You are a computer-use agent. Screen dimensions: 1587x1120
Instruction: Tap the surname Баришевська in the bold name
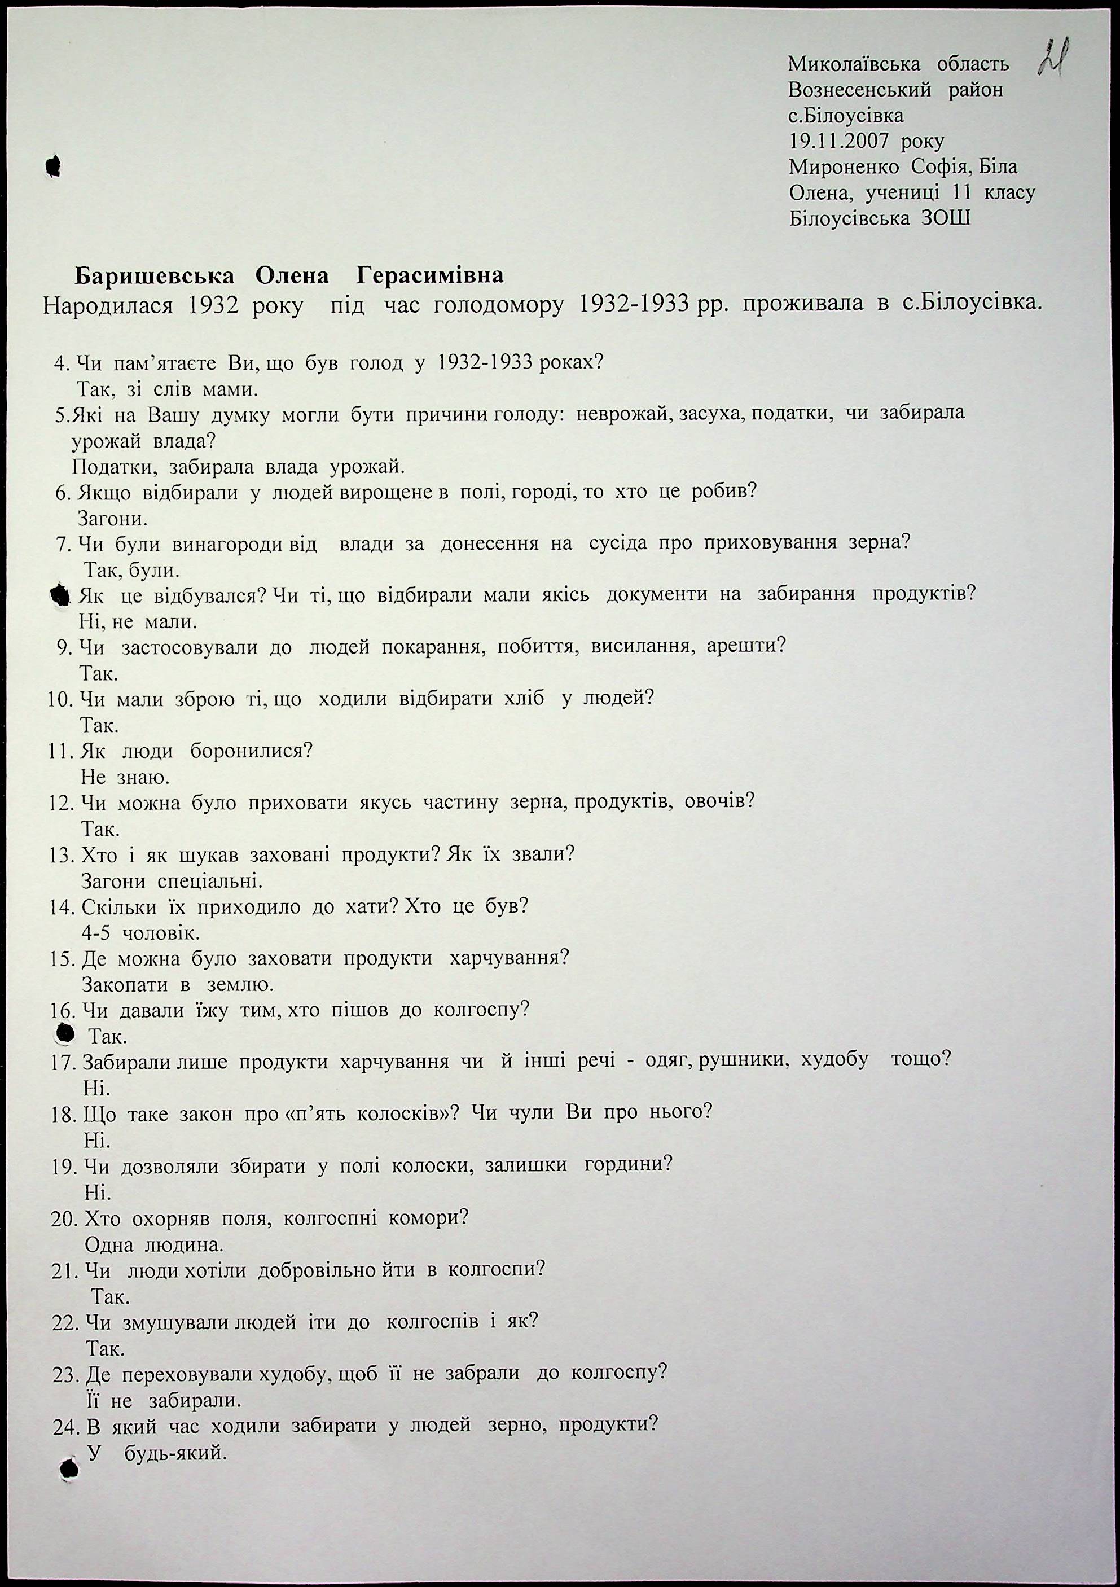(x=154, y=276)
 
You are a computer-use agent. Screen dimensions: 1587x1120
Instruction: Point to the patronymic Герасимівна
(x=430, y=276)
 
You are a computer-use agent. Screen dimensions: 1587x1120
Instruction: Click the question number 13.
(x=62, y=855)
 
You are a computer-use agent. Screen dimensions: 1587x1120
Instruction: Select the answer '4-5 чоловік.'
(x=140, y=933)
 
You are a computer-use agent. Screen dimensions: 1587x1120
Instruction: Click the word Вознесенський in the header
(x=859, y=90)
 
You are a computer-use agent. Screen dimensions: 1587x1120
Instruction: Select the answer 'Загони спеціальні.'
(x=172, y=882)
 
